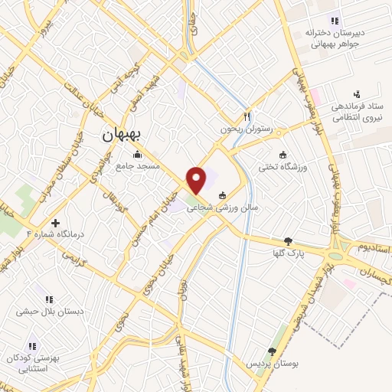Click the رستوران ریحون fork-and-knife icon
pyautogui.click(x=247, y=117)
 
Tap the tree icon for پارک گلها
pyautogui.click(x=287, y=240)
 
